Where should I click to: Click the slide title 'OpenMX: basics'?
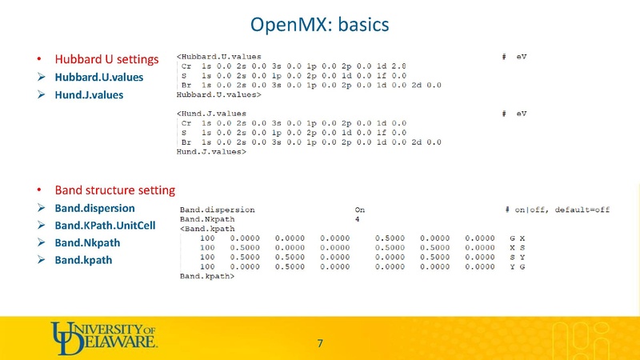click(x=320, y=26)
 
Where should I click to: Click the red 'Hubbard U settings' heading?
click(x=106, y=59)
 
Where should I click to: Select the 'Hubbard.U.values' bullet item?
click(x=99, y=78)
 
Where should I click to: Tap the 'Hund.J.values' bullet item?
click(x=90, y=95)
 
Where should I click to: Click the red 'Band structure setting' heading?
click(x=114, y=191)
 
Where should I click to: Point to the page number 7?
click(x=320, y=344)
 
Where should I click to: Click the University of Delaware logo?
click(x=104, y=335)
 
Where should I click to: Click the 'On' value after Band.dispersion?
click(x=360, y=210)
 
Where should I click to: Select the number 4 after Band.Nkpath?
click(x=358, y=218)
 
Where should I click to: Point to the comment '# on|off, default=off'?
click(x=557, y=210)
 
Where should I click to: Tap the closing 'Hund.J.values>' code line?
click(x=210, y=151)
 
